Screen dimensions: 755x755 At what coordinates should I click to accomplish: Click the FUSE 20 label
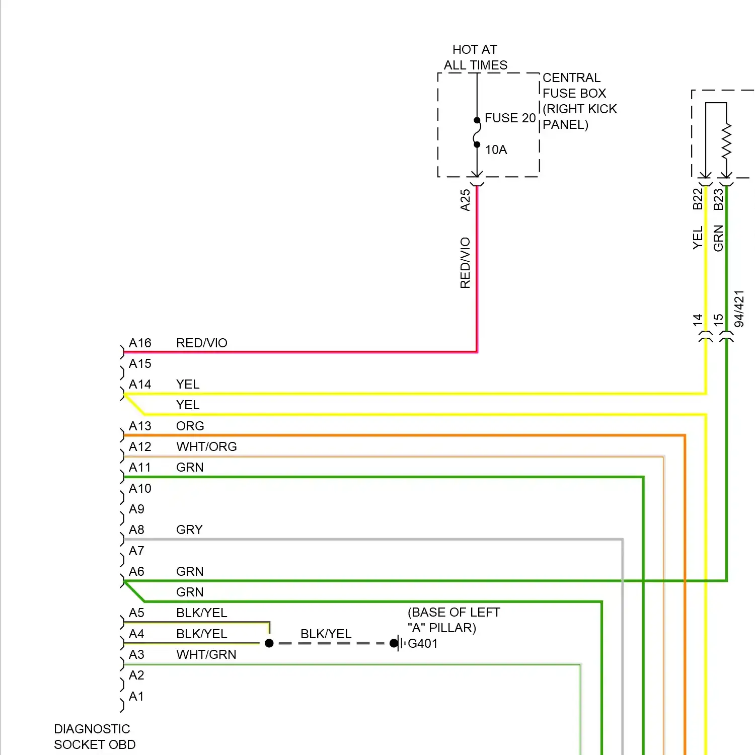pos(509,118)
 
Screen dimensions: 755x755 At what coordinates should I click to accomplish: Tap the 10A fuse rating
pos(496,149)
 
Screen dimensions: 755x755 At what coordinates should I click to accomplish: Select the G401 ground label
pos(423,643)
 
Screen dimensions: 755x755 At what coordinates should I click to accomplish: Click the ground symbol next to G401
pos(399,643)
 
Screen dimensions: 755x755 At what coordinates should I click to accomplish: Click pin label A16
pos(140,343)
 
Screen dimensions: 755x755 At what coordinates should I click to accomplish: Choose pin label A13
pos(140,426)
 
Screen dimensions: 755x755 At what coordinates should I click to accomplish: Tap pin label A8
pos(136,530)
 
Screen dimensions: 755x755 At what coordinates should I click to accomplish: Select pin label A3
pos(136,654)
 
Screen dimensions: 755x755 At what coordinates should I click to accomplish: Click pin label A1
pos(136,696)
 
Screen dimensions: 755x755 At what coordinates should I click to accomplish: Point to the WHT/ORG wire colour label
pos(206,446)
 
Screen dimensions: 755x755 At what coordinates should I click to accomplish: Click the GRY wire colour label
pos(189,530)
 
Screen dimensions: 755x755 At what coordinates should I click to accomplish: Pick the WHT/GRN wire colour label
pos(206,654)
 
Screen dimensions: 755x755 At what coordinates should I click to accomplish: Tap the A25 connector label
pos(465,200)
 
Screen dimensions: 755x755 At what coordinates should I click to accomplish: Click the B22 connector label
pos(698,199)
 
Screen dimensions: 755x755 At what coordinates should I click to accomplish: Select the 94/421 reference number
pos(739,309)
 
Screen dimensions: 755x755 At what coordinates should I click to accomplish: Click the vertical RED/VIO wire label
pos(465,263)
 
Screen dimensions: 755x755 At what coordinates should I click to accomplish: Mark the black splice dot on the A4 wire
pos(269,643)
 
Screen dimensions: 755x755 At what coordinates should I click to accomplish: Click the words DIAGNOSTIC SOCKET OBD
pos(95,736)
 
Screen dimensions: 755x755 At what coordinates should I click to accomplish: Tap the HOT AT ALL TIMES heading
pos(475,57)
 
